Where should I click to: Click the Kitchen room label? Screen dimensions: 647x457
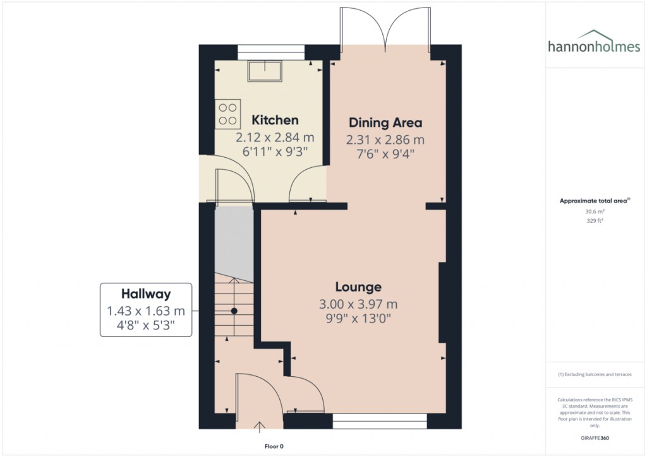[x=275, y=120]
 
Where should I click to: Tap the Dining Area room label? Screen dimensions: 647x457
[x=385, y=123]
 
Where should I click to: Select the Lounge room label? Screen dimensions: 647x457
[x=358, y=287]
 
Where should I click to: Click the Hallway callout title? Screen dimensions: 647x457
[x=146, y=294]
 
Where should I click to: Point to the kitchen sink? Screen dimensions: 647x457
[x=265, y=71]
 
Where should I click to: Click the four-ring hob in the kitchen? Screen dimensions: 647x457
[x=227, y=114]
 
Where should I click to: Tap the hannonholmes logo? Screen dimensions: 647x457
[x=594, y=43]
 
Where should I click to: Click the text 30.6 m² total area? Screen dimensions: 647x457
[x=595, y=211]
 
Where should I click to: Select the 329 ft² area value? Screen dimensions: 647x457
[x=595, y=220]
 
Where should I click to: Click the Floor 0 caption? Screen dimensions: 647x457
[x=274, y=446]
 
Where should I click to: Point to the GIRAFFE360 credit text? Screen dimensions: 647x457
[x=595, y=438]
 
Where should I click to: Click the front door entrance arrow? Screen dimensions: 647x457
[x=259, y=427]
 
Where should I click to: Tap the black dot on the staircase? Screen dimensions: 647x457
[x=234, y=311]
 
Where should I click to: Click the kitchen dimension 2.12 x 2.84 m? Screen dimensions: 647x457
[x=275, y=137]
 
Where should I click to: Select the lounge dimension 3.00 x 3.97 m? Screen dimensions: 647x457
[x=358, y=304]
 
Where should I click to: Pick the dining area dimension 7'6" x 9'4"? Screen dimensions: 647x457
[x=385, y=154]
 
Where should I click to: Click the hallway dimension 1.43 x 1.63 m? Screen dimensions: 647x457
[x=146, y=311]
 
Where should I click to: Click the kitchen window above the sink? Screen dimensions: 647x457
[x=271, y=52]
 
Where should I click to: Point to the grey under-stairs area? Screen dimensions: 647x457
[x=234, y=244]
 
